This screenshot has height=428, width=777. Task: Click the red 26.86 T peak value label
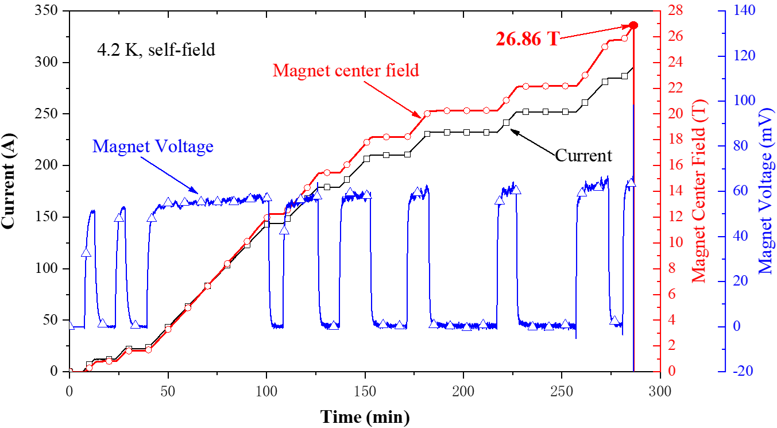tap(527, 38)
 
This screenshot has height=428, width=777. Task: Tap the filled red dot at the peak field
tap(633, 25)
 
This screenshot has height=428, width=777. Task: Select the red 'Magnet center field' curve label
tap(346, 71)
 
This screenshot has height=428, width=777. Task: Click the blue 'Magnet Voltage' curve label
tap(153, 146)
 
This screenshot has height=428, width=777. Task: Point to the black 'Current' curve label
tap(583, 155)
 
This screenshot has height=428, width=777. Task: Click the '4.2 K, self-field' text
tap(156, 50)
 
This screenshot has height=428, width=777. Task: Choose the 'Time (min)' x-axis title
tap(365, 417)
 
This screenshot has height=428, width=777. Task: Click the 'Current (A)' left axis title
tap(10, 191)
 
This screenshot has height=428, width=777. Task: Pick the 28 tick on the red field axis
tap(676, 11)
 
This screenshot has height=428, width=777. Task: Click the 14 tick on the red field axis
tap(676, 191)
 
